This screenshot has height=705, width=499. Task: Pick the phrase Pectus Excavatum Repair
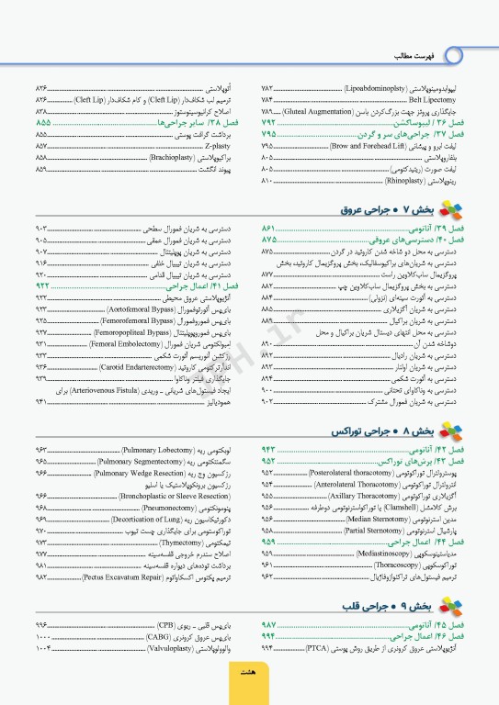click(x=122, y=578)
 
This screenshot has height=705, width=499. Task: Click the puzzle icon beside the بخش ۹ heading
click(x=448, y=606)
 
